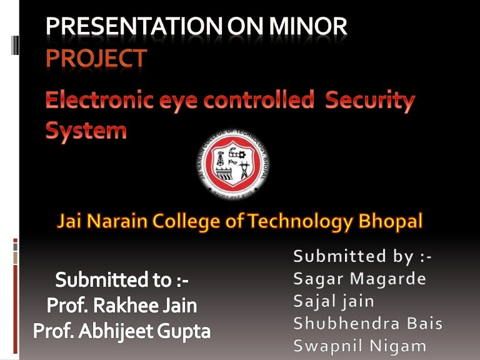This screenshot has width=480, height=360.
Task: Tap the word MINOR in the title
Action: [x=307, y=27]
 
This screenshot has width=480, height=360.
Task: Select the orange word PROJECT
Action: [x=96, y=58]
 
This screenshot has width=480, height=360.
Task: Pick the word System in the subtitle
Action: [x=86, y=131]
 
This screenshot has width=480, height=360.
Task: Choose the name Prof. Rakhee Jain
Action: [x=122, y=306]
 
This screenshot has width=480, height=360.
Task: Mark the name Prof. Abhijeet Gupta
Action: [x=122, y=331]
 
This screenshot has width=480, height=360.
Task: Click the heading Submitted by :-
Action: [x=362, y=256]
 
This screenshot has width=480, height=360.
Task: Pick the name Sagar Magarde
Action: [x=360, y=279]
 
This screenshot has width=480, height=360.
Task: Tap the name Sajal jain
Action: [x=334, y=301]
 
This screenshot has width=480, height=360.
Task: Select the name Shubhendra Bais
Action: [x=368, y=324]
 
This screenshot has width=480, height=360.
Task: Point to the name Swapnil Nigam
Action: [x=360, y=346]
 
